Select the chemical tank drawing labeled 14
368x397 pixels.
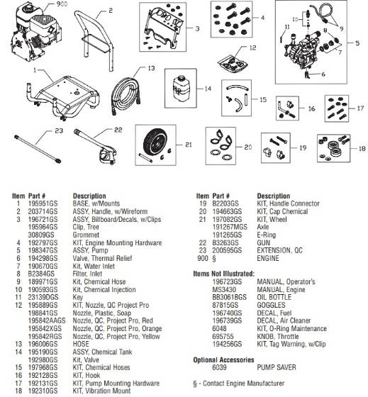pos(178,89)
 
